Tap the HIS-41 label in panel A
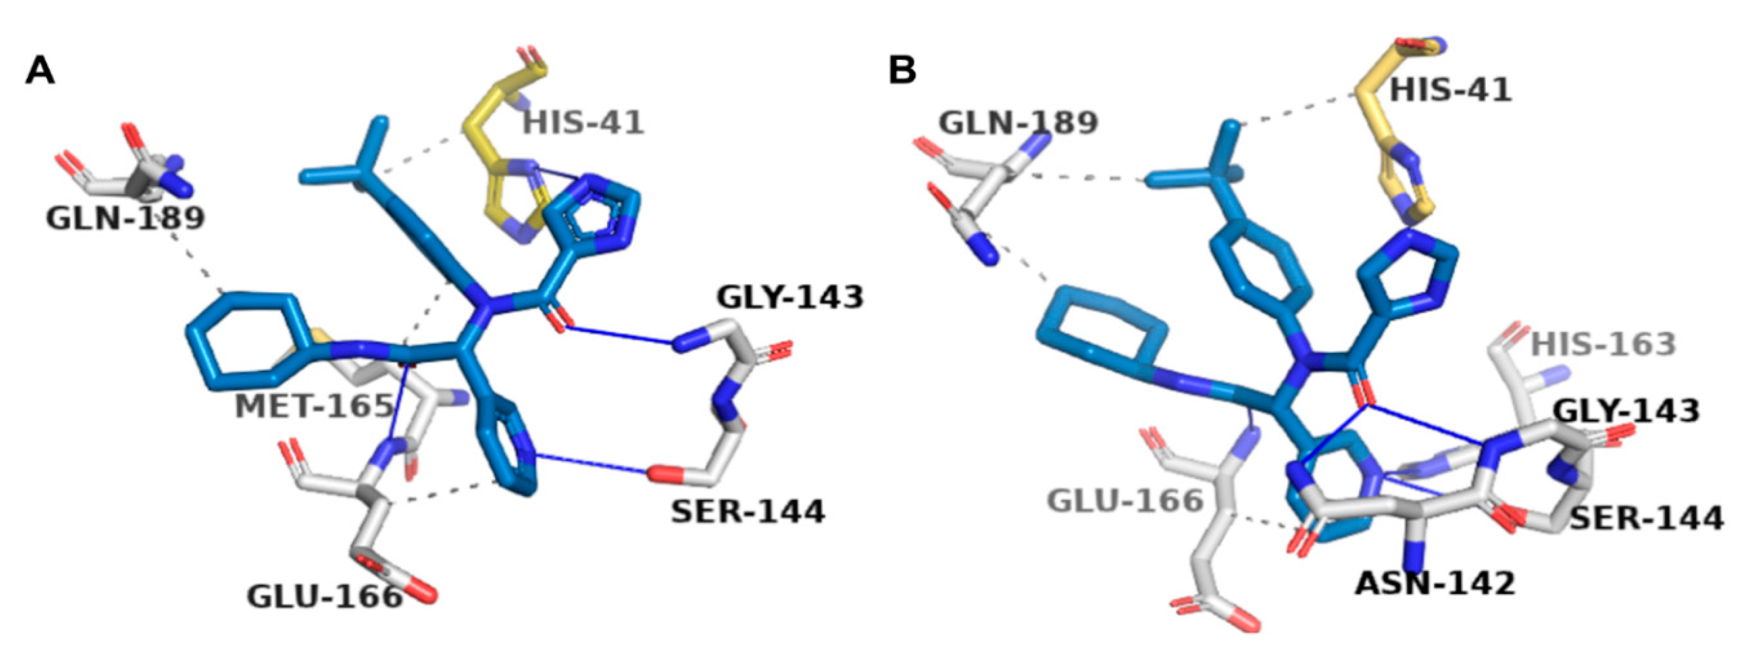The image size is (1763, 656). click(x=583, y=123)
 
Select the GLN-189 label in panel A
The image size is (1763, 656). click(x=125, y=219)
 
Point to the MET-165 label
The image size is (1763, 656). click(x=314, y=407)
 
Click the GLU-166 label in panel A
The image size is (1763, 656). click(x=325, y=597)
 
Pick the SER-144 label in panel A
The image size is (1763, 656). click(x=748, y=512)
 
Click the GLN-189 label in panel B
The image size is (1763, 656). click(x=1018, y=123)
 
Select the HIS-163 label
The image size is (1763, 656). click(x=1603, y=344)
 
